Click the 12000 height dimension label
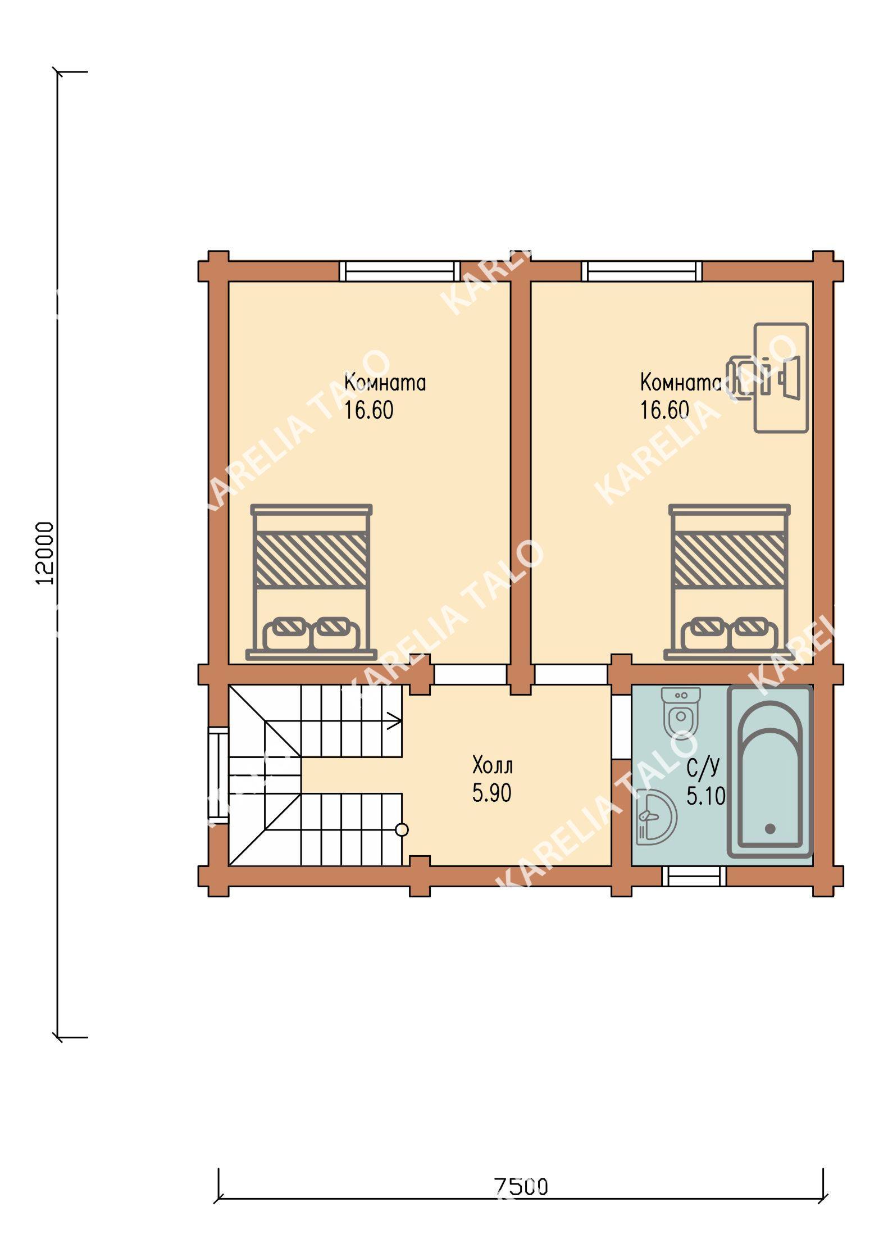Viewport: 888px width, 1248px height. pos(45,553)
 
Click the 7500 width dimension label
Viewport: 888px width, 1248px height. pos(521,1186)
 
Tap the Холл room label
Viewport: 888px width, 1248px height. pos(493,765)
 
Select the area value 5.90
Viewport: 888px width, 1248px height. pos(491,793)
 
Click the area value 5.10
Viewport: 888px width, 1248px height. pos(706,796)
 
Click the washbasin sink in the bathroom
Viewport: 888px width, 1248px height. pos(656,817)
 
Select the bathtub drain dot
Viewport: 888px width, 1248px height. pos(770,828)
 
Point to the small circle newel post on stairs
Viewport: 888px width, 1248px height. pos(402,829)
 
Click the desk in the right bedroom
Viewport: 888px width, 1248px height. pos(781,378)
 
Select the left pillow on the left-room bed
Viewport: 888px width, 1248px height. pos(287,633)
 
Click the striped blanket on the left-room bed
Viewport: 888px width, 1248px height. pos(311,560)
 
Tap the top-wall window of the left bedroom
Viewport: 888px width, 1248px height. pos(400,271)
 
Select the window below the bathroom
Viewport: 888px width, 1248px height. pos(694,876)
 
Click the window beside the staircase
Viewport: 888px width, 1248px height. pos(218,775)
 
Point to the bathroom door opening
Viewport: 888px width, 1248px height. pos(621,727)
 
